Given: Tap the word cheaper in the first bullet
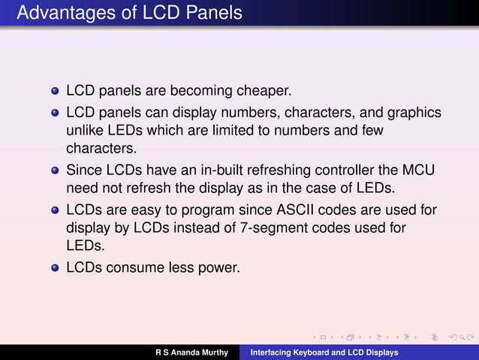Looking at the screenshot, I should click(262, 91).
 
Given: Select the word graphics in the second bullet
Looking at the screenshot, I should click(411, 113).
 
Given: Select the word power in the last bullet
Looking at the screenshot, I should click(219, 265).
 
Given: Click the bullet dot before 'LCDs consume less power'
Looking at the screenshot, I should click(55, 266).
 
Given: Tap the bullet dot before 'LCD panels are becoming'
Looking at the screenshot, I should click(55, 92).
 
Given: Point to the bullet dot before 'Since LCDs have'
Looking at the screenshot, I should click(55, 170).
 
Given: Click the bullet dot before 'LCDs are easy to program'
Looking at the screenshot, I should click(55, 210).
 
